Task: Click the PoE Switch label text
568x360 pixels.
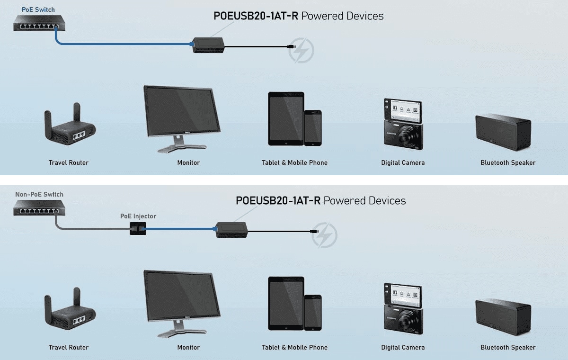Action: click(38, 9)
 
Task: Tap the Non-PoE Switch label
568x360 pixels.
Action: click(39, 194)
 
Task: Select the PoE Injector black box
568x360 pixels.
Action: click(136, 230)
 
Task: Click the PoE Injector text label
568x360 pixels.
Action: click(138, 216)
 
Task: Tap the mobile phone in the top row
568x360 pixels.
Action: click(313, 127)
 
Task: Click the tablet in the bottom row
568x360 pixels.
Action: click(286, 303)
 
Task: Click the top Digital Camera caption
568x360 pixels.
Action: click(403, 162)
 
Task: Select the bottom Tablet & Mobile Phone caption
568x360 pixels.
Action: click(294, 347)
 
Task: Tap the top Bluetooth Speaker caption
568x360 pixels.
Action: click(508, 162)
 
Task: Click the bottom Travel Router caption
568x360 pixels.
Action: click(69, 347)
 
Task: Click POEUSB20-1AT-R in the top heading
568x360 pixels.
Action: click(256, 16)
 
